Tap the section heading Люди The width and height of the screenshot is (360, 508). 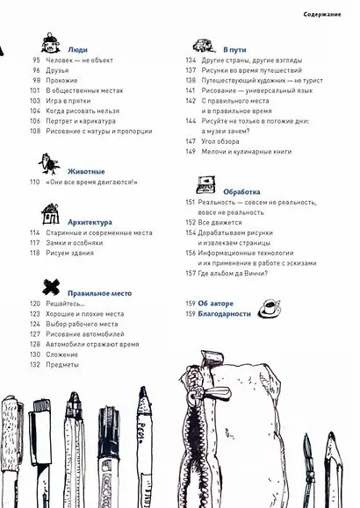(76, 51)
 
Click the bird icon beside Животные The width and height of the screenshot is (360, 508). (49, 164)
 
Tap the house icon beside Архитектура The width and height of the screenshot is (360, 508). (51, 214)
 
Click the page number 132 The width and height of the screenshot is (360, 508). (36, 364)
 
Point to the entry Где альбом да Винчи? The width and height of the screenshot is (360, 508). (233, 273)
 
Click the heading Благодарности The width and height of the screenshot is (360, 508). (226, 313)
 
